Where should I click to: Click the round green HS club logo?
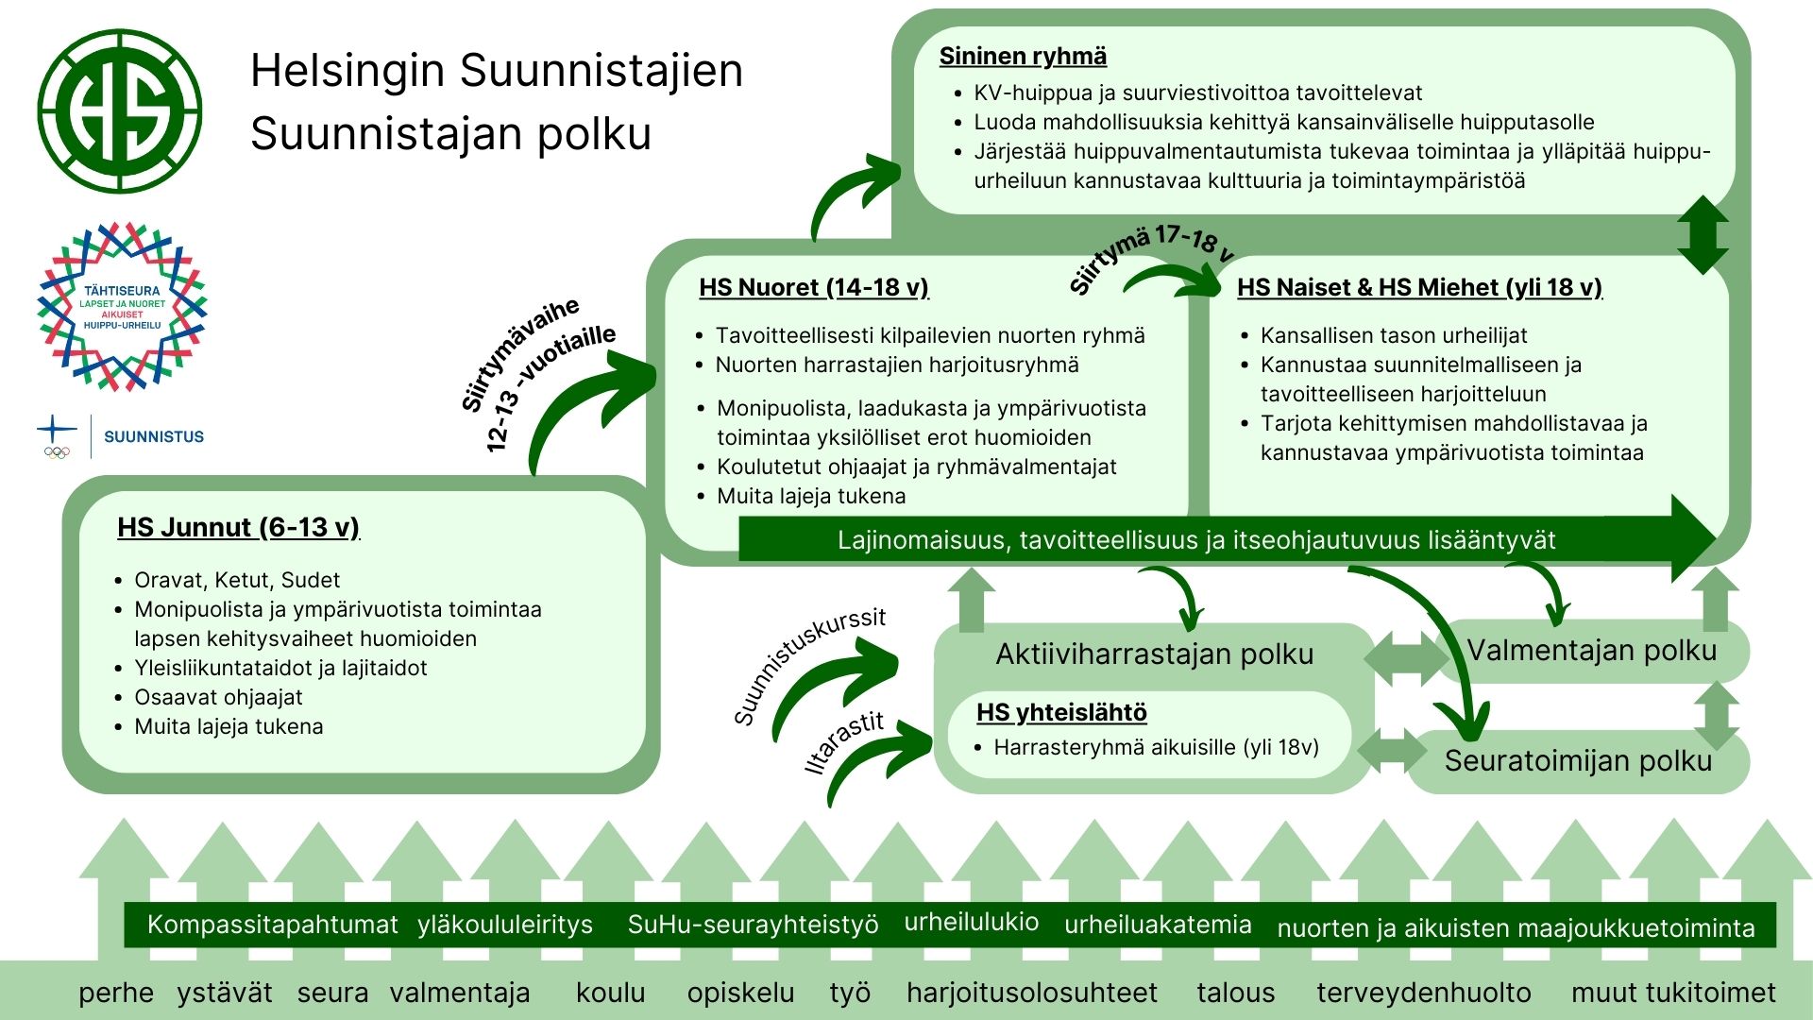click(x=120, y=111)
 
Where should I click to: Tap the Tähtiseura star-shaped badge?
click(x=122, y=307)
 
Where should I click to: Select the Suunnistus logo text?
click(x=153, y=436)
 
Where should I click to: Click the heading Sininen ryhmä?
click(x=1023, y=57)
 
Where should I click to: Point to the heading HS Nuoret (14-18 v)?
click(x=813, y=287)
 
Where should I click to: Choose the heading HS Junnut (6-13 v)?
click(x=238, y=527)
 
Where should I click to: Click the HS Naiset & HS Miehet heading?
click(x=1419, y=287)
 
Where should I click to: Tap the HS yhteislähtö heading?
click(x=1061, y=712)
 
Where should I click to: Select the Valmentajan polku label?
click(x=1591, y=650)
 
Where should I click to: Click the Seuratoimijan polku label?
click(x=1578, y=760)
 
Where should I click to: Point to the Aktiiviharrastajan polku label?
click(x=1154, y=654)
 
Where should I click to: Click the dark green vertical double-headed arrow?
click(x=1703, y=235)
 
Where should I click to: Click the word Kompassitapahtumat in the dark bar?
click(x=272, y=925)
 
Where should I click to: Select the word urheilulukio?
click(x=971, y=922)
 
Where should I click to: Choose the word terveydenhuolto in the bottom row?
click(x=1423, y=993)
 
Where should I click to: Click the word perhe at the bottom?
click(x=115, y=993)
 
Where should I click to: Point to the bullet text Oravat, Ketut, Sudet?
click(x=237, y=580)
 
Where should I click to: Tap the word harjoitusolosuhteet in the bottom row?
click(x=1031, y=993)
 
